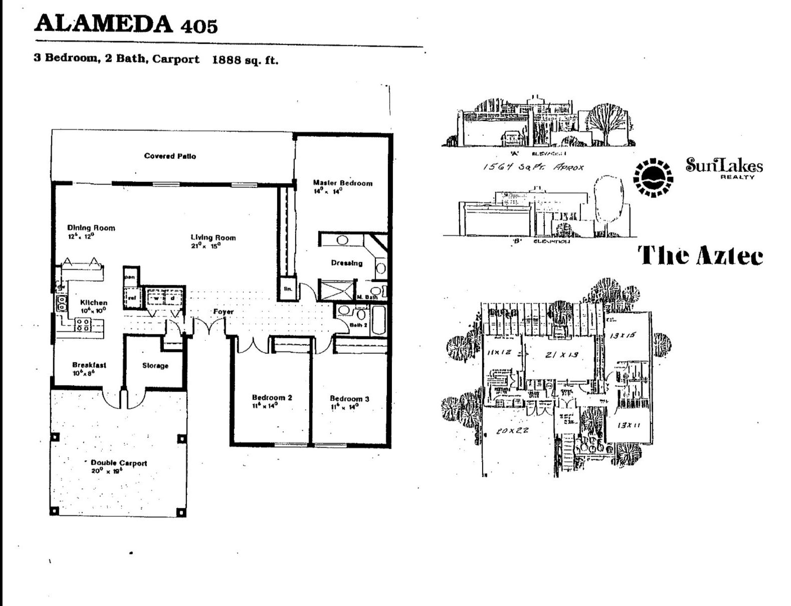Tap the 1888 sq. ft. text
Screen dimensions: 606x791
coord(245,60)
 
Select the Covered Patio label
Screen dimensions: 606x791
coord(170,156)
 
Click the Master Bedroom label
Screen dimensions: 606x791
coord(343,183)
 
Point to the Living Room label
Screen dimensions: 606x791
coord(213,237)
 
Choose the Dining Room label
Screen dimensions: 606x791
coord(91,228)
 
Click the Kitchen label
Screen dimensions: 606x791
coord(94,302)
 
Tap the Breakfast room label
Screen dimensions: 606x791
coord(89,365)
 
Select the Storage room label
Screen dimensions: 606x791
coord(155,366)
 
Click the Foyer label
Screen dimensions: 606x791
coord(223,312)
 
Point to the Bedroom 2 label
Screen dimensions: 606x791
coord(272,397)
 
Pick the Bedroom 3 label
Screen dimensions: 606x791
coord(349,399)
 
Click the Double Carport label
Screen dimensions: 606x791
coord(119,463)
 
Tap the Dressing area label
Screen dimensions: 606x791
coord(346,263)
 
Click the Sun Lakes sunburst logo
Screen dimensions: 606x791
coord(652,178)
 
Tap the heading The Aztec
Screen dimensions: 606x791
coord(700,256)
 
